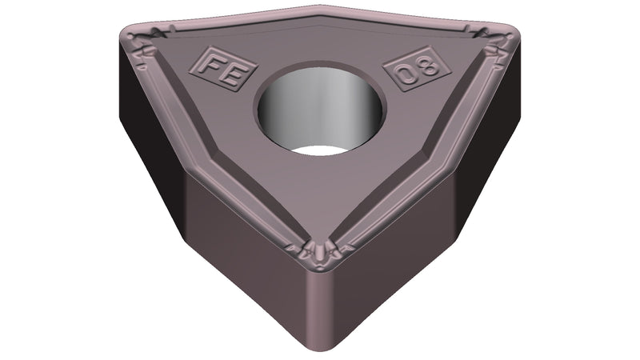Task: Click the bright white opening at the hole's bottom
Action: click(320, 150)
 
